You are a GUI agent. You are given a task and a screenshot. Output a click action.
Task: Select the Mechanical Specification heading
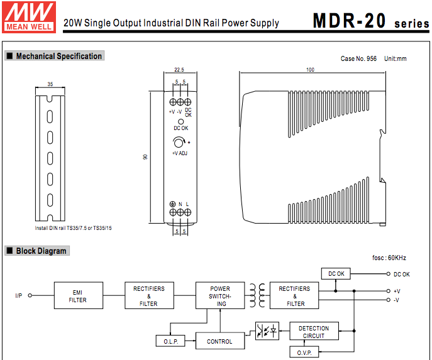pyautogui.click(x=58, y=57)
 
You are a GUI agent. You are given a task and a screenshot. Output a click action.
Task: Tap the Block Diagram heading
pyautogui.click(x=41, y=251)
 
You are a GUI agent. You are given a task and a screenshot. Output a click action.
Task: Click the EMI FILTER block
pyautogui.click(x=78, y=296)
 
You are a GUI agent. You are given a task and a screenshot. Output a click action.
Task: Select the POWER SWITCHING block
pyautogui.click(x=220, y=296)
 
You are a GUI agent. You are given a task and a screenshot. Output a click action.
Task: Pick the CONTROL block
pyautogui.click(x=219, y=341)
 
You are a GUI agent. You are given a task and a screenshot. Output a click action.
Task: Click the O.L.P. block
pyautogui.click(x=170, y=341)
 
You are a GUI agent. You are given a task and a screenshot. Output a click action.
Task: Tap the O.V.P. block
pyautogui.click(x=304, y=352)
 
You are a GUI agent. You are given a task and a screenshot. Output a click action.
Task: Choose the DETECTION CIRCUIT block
pyautogui.click(x=313, y=332)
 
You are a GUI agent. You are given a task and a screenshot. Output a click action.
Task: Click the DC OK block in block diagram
pyautogui.click(x=336, y=274)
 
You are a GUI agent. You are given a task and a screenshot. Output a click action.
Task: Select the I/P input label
pyautogui.click(x=19, y=295)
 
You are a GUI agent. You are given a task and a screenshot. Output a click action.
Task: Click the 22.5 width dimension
pyautogui.click(x=179, y=70)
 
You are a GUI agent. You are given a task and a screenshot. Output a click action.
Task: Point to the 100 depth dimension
pyautogui.click(x=311, y=70)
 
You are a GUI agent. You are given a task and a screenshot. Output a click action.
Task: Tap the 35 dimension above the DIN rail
pyautogui.click(x=50, y=84)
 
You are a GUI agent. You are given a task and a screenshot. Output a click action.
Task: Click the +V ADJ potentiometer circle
pyautogui.click(x=179, y=143)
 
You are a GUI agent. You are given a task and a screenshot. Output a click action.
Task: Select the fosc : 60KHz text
pyautogui.click(x=389, y=258)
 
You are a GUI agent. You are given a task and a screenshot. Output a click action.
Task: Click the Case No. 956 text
pyautogui.click(x=358, y=58)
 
